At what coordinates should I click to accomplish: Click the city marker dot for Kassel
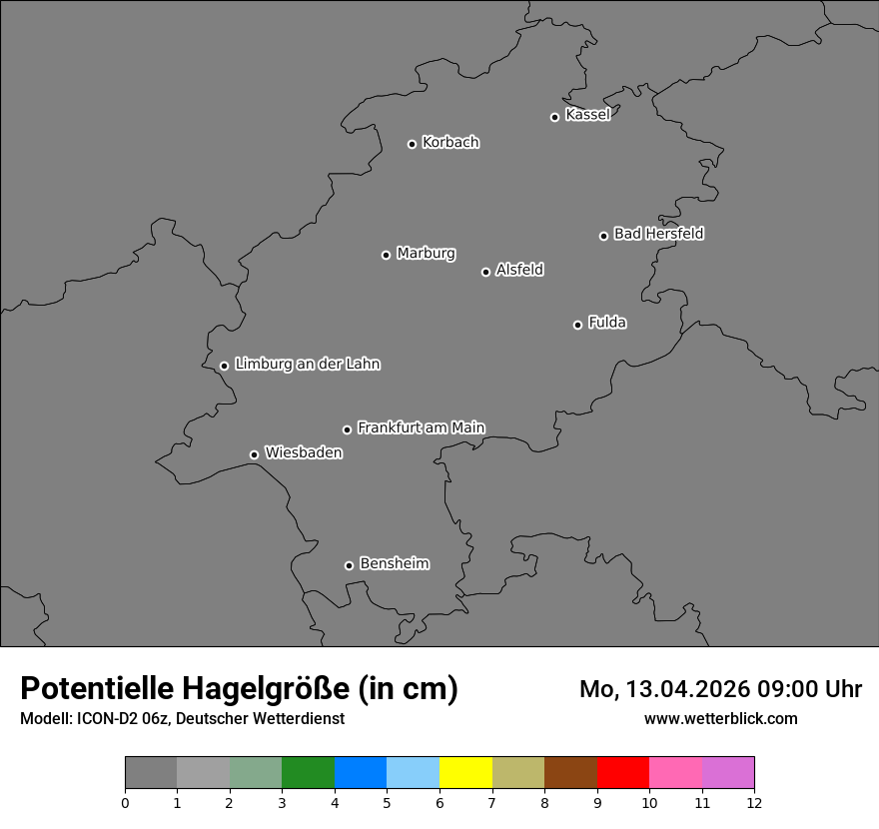point(554,117)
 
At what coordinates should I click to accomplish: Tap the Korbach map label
point(450,142)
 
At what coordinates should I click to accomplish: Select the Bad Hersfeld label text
point(658,234)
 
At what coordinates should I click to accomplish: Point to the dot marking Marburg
point(386,255)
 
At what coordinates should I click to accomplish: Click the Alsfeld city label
point(519,270)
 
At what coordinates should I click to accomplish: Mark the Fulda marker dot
point(577,325)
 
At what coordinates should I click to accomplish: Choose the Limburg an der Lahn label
point(307,364)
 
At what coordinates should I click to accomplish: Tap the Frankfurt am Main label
point(421,427)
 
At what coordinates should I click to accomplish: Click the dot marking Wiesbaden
point(254,454)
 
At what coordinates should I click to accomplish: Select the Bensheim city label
point(394,563)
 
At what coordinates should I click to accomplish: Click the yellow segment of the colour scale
point(465,773)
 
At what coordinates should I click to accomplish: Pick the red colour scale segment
point(622,773)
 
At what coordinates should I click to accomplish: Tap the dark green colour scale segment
point(308,773)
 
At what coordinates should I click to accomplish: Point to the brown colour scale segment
point(570,773)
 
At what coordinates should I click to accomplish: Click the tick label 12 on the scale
point(753,802)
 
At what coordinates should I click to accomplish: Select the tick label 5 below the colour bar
point(387,802)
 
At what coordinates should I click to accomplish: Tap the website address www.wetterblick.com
point(720,718)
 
